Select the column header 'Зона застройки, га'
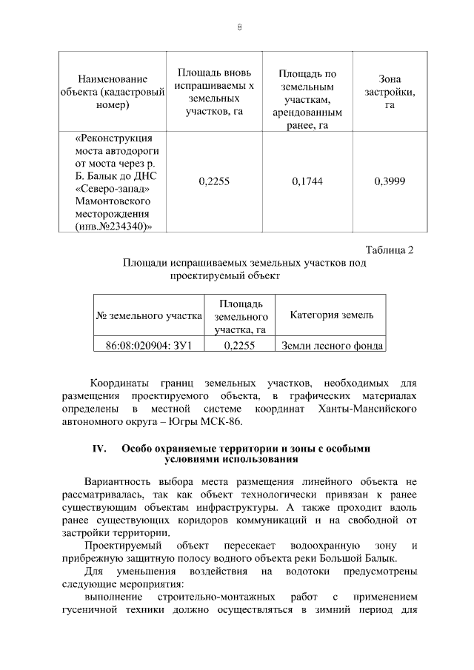pyautogui.click(x=390, y=93)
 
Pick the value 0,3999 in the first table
pyautogui.click(x=390, y=181)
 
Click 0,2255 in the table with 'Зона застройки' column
pyautogui.click(x=214, y=181)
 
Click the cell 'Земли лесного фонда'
pyautogui.click(x=332, y=345)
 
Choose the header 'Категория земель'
pyautogui.click(x=331, y=316)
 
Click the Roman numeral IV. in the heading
pyautogui.click(x=100, y=449)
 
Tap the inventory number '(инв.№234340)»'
pyautogui.click(x=113, y=227)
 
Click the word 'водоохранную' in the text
pyautogui.click(x=315, y=546)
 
